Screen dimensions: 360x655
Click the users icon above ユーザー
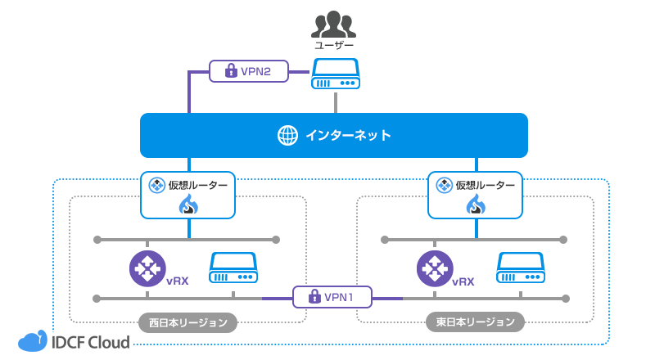335,25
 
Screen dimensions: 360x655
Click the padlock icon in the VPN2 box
231,71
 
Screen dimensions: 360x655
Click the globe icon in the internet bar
287,135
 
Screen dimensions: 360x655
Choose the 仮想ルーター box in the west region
188,195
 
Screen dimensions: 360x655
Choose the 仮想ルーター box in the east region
476,195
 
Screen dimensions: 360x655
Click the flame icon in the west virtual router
188,205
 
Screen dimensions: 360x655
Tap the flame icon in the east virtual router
476,205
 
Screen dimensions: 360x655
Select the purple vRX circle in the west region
147,268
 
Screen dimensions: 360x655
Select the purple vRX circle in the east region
435,268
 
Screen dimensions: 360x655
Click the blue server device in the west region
233,268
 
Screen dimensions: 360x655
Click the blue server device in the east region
521,268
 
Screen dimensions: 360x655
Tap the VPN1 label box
332,296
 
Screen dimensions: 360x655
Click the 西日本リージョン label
187,322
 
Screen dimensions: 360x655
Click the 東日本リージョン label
475,322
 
